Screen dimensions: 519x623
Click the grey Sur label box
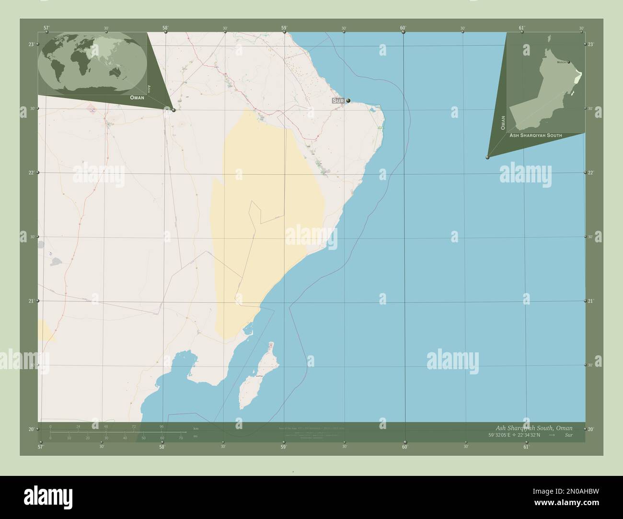338,101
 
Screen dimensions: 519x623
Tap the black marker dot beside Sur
348,100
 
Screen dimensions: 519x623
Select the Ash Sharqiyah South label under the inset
536,135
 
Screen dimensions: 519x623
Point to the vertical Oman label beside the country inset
503,123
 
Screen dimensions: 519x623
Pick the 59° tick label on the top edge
284,28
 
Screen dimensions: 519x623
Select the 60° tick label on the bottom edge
405,447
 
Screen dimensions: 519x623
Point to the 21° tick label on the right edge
591,301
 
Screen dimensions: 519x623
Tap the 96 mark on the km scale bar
162,426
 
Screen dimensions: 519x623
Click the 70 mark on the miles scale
181,438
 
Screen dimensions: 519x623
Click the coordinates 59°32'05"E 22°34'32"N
514,435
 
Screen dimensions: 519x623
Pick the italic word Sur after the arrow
568,435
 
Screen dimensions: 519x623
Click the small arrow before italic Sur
552,435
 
